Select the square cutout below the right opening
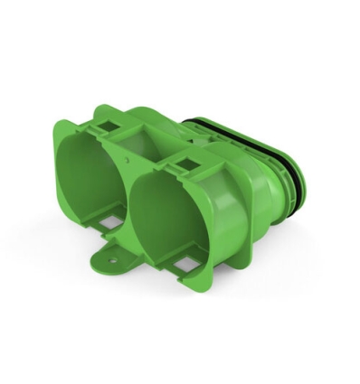coord(185,264)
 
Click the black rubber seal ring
coord(288,176)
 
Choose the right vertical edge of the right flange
coord(222,226)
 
